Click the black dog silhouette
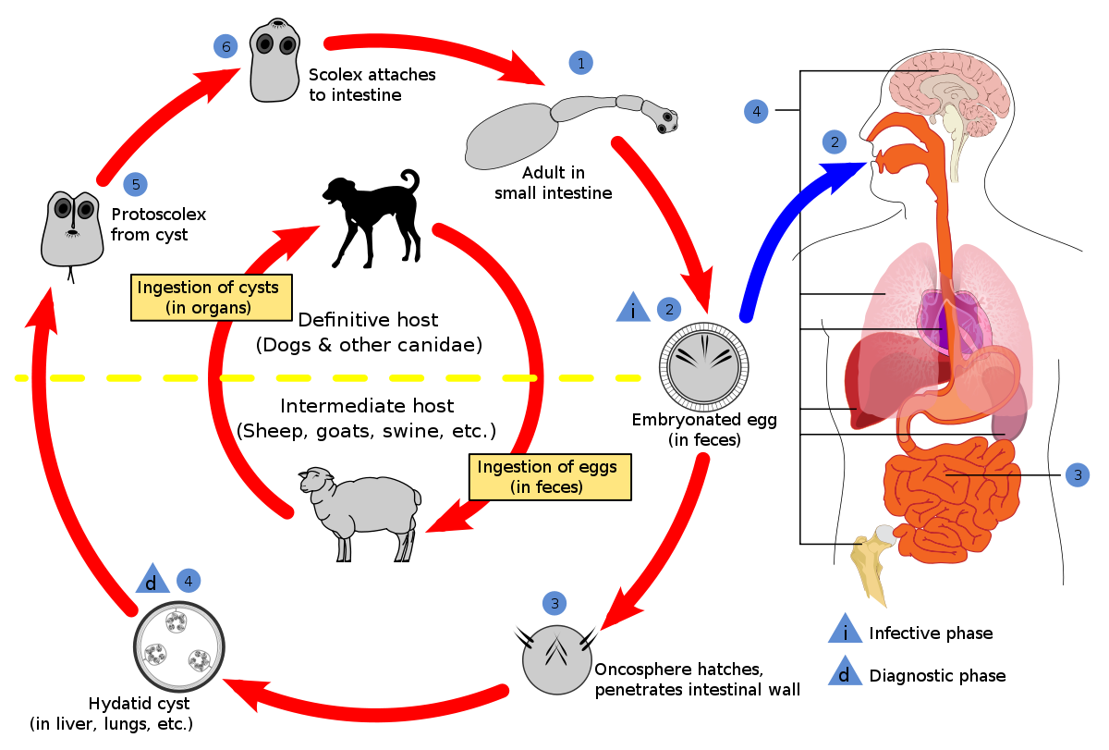click(x=372, y=218)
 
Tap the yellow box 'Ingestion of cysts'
click(x=212, y=297)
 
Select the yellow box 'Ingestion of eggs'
click(x=550, y=476)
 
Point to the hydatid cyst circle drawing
click(x=179, y=646)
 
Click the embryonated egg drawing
click(x=703, y=367)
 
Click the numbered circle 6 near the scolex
click(x=225, y=46)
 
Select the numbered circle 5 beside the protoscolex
click(x=136, y=184)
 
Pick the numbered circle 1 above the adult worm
click(x=581, y=63)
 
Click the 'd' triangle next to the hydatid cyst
click(x=152, y=579)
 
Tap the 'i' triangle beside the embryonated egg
click(x=633, y=308)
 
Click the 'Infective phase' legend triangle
click(x=845, y=629)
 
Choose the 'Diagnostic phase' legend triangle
click(x=845, y=670)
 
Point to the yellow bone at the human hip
click(x=872, y=565)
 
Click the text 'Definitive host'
click(x=368, y=320)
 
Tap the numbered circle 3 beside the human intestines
click(x=1078, y=475)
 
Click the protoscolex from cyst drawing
click(x=72, y=230)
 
